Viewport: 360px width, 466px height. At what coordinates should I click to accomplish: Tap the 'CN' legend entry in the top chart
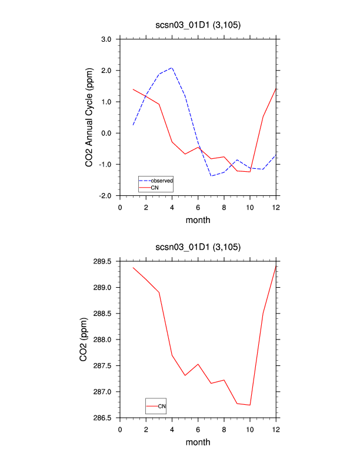(x=155, y=187)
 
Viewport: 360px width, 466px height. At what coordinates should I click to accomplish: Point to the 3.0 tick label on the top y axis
(x=106, y=39)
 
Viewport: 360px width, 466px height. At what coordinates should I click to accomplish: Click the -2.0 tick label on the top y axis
(x=105, y=195)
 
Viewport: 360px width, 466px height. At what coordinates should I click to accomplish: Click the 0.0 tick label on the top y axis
(x=106, y=133)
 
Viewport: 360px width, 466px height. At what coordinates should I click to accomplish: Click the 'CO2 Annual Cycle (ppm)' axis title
(x=89, y=118)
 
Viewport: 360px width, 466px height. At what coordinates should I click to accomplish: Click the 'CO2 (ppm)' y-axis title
(x=84, y=339)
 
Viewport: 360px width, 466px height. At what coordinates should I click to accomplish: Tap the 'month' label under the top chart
(x=198, y=221)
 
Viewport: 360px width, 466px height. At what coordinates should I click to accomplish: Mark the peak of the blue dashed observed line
(x=172, y=68)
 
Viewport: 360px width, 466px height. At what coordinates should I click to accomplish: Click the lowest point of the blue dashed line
(x=211, y=176)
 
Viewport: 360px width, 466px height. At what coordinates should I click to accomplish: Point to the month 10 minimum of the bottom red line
(x=250, y=405)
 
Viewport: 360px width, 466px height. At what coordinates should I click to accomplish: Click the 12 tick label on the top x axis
(x=276, y=207)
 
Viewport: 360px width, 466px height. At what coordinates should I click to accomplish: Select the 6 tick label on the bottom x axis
(x=198, y=429)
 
